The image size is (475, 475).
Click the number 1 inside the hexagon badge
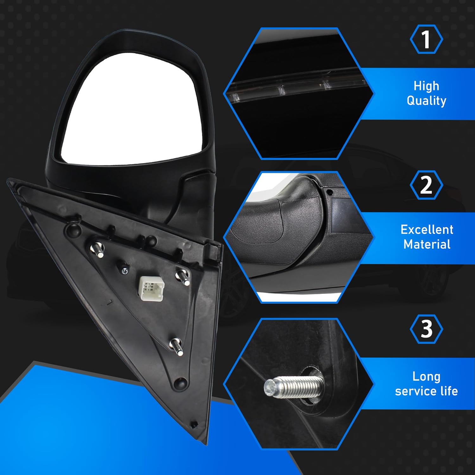[x=426, y=39]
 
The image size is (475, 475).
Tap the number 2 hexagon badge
[x=426, y=185]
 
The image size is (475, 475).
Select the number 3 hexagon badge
[x=426, y=329]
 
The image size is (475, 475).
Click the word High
[x=426, y=86]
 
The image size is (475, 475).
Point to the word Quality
[x=426, y=101]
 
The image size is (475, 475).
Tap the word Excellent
[x=427, y=230]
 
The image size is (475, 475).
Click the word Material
[x=427, y=244]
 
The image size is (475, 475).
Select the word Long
[x=426, y=377]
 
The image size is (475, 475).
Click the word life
[x=449, y=391]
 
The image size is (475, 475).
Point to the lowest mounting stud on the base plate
[x=176, y=346]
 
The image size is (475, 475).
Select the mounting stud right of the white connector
[x=183, y=276]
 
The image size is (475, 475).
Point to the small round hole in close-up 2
[x=330, y=192]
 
